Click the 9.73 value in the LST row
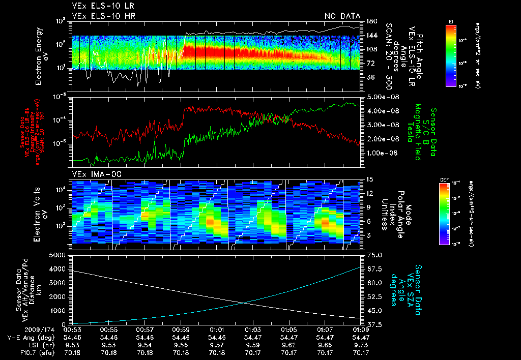(361, 345)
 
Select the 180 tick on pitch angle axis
(371, 21)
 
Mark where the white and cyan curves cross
(247, 303)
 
